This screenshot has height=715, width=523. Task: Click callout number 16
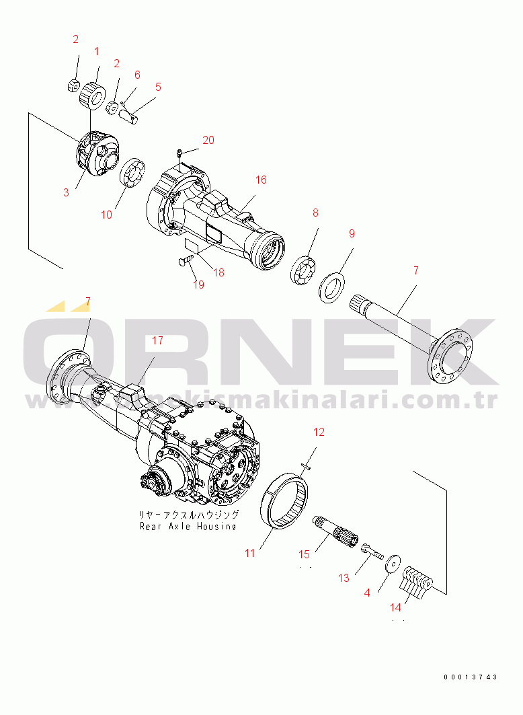pos(261,180)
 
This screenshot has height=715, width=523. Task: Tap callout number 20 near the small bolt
pos(208,140)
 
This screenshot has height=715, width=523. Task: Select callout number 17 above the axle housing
pos(157,340)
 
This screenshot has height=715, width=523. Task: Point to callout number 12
pos(319,431)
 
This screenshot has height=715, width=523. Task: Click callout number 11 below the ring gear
pos(249,553)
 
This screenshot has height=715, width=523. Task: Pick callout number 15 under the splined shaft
pos(305,554)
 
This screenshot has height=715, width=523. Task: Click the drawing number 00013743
pos(471,677)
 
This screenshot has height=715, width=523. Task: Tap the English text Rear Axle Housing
pos(188,527)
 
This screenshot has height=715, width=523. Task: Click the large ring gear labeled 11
pos(290,501)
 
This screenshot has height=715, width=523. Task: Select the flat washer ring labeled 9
pos(331,287)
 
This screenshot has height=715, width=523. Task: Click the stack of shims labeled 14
pos(418,580)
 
